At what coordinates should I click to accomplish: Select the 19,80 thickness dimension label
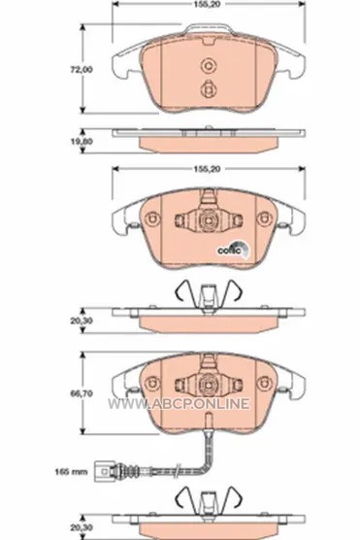(x=82, y=141)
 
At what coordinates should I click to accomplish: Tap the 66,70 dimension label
(x=82, y=393)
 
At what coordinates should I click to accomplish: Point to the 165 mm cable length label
(x=71, y=471)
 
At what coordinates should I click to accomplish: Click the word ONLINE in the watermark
(x=221, y=403)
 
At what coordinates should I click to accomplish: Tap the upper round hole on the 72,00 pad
(x=208, y=65)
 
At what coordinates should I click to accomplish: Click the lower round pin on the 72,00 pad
(x=208, y=88)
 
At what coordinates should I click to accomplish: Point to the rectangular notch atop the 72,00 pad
(x=209, y=41)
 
